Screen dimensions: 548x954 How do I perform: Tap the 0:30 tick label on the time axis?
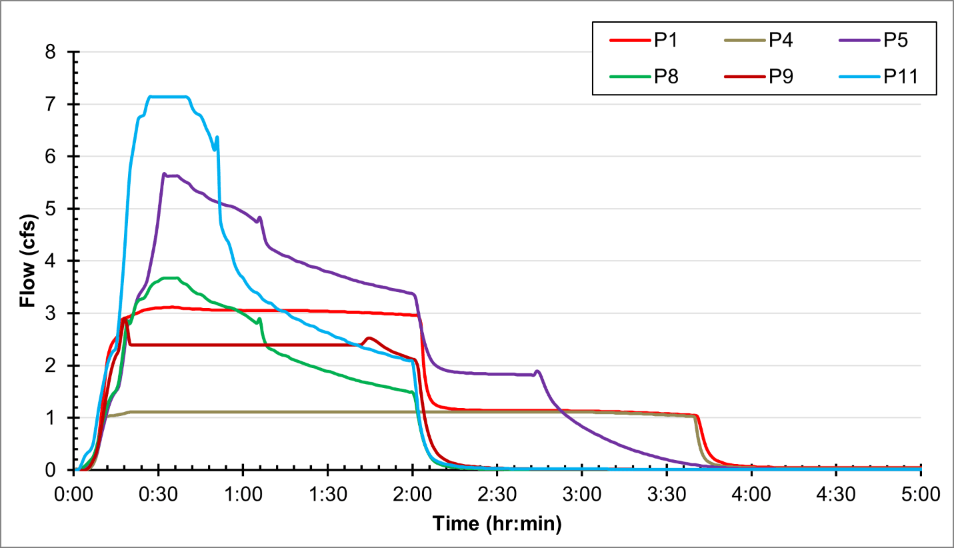coord(158,496)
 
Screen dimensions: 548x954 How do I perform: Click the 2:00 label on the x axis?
coord(412,496)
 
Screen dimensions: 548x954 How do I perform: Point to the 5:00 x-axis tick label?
coord(921,496)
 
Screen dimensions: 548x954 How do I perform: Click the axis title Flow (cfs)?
coord(27,261)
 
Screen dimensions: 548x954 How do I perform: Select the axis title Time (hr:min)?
coord(497,524)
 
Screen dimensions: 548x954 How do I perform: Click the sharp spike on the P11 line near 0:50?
coord(217,137)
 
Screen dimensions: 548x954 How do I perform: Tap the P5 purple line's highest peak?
coord(164,174)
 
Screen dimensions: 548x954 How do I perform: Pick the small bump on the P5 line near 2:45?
coord(537,371)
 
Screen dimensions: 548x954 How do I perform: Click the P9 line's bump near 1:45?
coord(369,338)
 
